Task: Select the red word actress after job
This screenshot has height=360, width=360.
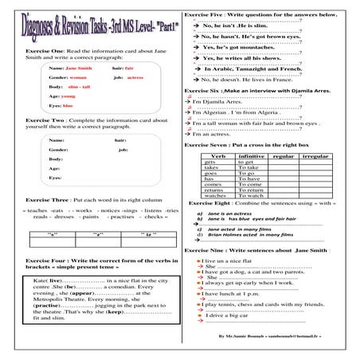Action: [x=135, y=78]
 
